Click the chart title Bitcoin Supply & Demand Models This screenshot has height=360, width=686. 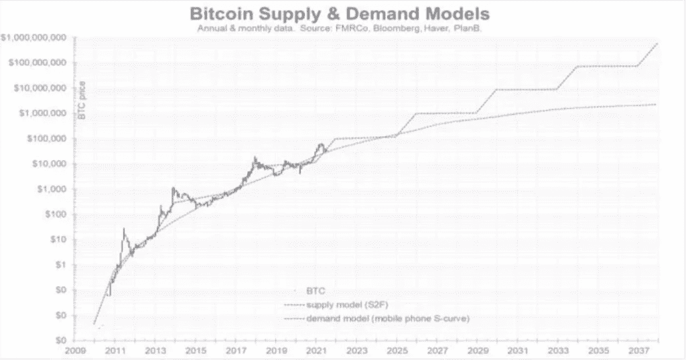point(339,13)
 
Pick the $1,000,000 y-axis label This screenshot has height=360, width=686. point(42,113)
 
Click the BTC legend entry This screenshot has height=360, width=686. point(315,292)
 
